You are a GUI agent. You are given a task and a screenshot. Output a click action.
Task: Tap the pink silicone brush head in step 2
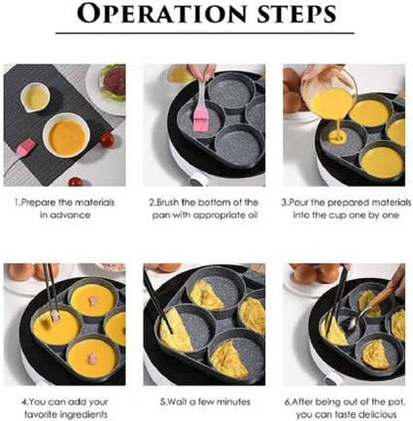click(x=200, y=119)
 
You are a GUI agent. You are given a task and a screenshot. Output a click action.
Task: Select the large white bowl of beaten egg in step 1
click(x=64, y=133)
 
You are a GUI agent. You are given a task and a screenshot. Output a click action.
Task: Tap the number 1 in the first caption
click(x=17, y=203)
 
